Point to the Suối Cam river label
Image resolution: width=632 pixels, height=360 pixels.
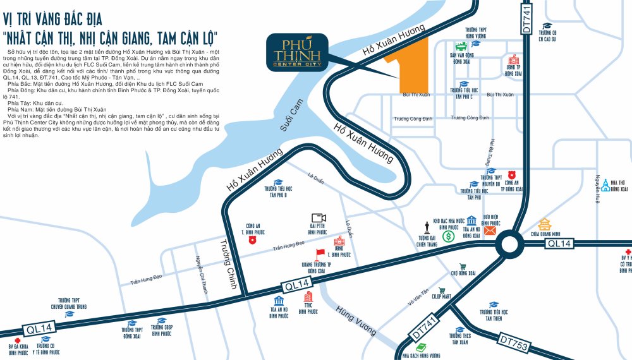pyautogui.click(x=290, y=120)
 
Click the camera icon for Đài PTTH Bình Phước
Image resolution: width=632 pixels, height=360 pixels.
pyautogui.click(x=317, y=217)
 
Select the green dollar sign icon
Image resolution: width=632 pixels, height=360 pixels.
pyautogui.click(x=448, y=237)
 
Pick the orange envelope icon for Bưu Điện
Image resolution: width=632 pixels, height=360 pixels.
pyautogui.click(x=490, y=231)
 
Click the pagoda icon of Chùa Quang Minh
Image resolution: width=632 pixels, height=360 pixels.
pyautogui.click(x=545, y=224)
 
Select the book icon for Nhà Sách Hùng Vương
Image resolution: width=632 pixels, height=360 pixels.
pyautogui.click(x=421, y=347)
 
